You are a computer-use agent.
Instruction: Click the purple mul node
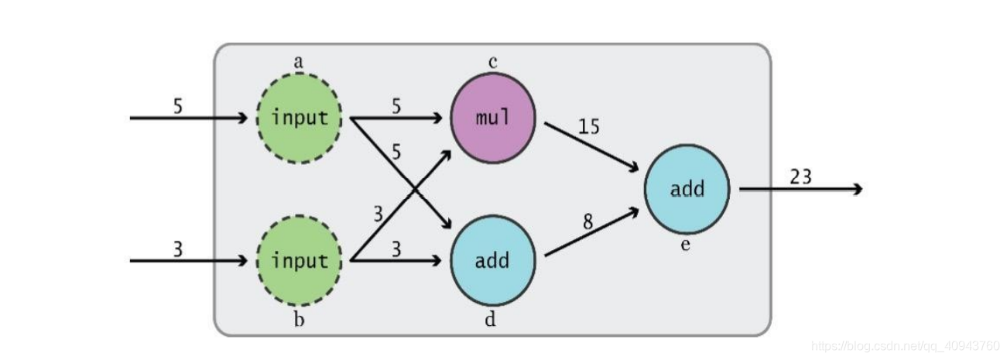pyautogui.click(x=493, y=118)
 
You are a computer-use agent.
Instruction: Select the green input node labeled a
pyautogui.click(x=299, y=118)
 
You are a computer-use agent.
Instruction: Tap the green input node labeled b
pyautogui.click(x=299, y=261)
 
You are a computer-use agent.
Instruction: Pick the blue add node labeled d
pyautogui.click(x=493, y=261)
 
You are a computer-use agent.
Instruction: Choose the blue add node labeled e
pyautogui.click(x=687, y=190)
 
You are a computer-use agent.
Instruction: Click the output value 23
pyautogui.click(x=800, y=177)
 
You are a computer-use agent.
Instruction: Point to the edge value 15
pyautogui.click(x=588, y=126)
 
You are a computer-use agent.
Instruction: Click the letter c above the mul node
pyautogui.click(x=492, y=61)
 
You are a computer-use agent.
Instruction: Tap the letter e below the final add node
pyautogui.click(x=685, y=246)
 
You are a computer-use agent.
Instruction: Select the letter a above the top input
pyautogui.click(x=298, y=60)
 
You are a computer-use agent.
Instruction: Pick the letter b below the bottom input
pyautogui.click(x=299, y=320)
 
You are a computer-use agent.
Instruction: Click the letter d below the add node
pyautogui.click(x=490, y=319)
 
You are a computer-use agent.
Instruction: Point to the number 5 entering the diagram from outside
pyautogui.click(x=178, y=106)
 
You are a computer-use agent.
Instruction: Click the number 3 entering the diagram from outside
pyautogui.click(x=178, y=249)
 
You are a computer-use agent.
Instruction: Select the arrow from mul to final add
pyautogui.click(x=592, y=146)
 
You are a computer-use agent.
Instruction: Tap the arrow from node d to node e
pyautogui.click(x=592, y=232)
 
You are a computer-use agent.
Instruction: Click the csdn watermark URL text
pyautogui.click(x=906, y=345)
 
